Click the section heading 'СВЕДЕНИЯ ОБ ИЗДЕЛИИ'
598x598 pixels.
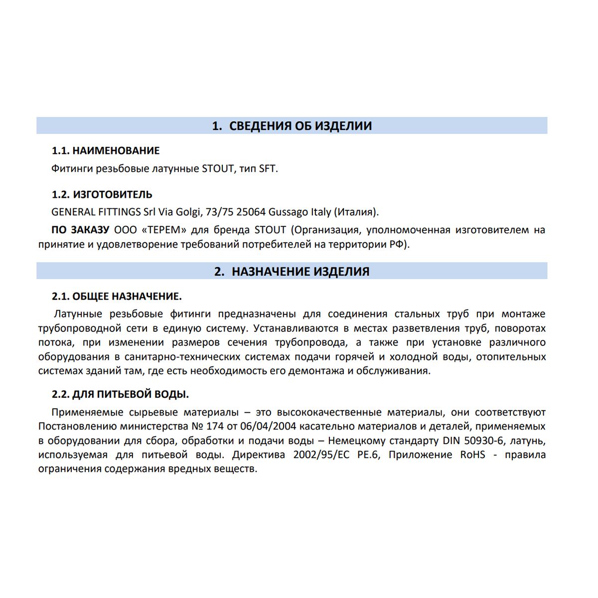[x=299, y=126]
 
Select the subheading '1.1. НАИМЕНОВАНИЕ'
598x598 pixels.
[x=106, y=150]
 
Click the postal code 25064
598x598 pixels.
[x=251, y=212]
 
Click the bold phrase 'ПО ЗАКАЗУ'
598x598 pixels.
[x=80, y=230]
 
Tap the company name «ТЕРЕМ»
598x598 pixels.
[x=159, y=230]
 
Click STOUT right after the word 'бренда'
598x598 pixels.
[x=270, y=230]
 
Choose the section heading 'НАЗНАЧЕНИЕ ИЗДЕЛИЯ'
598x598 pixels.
[x=300, y=272]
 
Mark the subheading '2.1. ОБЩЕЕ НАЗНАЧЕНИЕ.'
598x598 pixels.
[x=117, y=297]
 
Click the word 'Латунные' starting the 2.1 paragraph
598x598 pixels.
[x=78, y=314]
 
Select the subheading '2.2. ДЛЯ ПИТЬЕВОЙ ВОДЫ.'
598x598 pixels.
[x=120, y=394]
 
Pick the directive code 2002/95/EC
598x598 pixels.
[x=321, y=454]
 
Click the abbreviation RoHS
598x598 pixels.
[x=472, y=454]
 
